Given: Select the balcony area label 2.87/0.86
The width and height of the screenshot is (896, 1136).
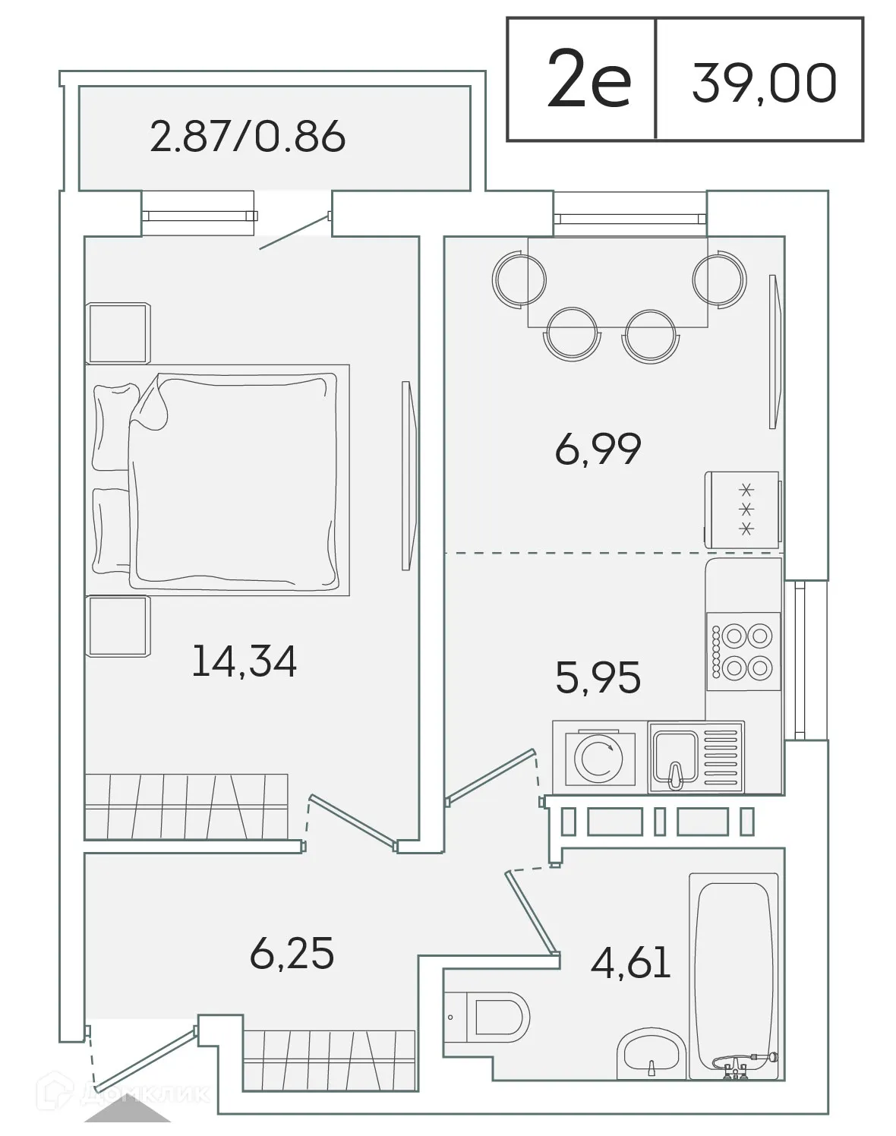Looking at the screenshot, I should (x=248, y=137).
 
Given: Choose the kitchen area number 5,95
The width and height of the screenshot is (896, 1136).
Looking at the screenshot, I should (x=598, y=677).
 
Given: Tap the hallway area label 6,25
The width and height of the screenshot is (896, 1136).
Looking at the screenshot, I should (x=292, y=953).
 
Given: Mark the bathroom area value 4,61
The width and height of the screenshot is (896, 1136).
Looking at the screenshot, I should (x=630, y=962).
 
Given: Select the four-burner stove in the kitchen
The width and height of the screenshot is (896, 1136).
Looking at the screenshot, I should (x=743, y=650).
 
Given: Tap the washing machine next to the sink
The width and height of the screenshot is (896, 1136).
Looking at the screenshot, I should (x=600, y=757).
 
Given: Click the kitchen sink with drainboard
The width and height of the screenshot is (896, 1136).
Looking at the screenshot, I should (x=696, y=757).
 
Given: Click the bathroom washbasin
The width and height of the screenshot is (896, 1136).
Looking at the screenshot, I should (x=651, y=1055).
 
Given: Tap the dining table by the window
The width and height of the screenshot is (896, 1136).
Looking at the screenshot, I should (x=617, y=282).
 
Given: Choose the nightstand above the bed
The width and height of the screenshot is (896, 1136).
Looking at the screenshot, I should (x=119, y=333).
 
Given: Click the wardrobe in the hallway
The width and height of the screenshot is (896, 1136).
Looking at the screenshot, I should (x=329, y=1059).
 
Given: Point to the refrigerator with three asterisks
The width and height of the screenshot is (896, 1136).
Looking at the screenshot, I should (x=742, y=509).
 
